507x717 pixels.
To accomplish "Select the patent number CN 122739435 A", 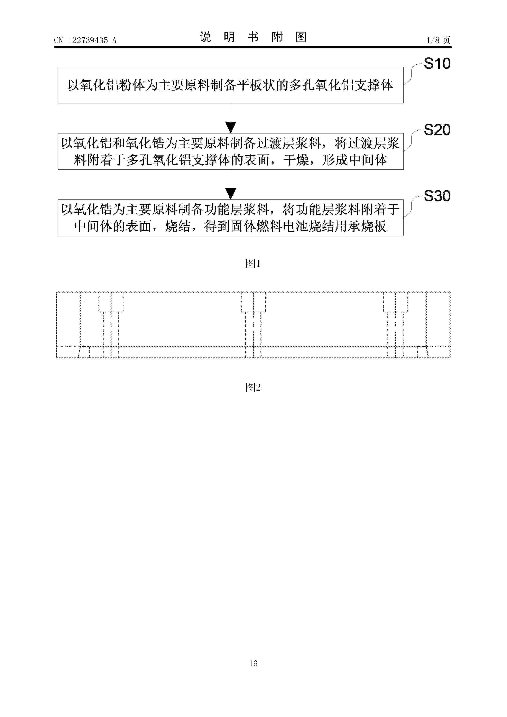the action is [x=85, y=40].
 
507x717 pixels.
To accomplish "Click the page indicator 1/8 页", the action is [x=438, y=40].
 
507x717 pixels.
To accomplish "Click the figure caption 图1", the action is [x=253, y=264].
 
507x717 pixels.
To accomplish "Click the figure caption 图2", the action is [x=253, y=387].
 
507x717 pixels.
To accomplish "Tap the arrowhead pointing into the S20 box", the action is [x=231, y=127].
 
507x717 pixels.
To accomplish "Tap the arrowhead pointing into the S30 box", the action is [x=231, y=194].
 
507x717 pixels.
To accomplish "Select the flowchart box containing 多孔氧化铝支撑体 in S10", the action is [x=231, y=85].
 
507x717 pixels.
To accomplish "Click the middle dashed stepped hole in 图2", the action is [x=253, y=325].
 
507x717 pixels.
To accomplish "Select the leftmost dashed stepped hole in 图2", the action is [x=111, y=325].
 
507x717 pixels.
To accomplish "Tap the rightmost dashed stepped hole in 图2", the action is [x=395, y=325].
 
